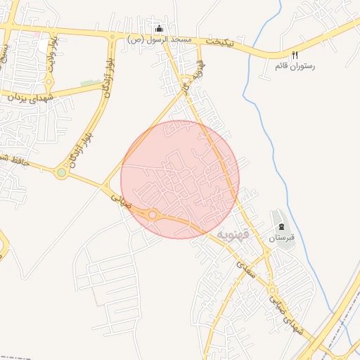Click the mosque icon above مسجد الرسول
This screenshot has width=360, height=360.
160,29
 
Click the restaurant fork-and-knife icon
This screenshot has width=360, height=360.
295,55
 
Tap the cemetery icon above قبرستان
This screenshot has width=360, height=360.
282,226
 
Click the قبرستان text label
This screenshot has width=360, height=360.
281,238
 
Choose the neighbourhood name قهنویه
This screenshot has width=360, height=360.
233,233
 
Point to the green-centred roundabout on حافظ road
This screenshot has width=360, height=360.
62,172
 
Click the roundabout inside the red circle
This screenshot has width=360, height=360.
152,214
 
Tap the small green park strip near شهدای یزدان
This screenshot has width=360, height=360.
91,84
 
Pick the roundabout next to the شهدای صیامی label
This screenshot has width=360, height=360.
270,290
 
